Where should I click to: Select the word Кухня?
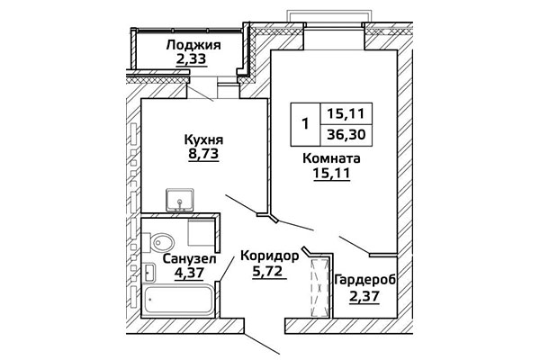point(203,139)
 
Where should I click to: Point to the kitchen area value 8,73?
point(203,155)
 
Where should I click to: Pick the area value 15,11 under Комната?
point(331,175)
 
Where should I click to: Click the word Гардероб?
point(364,280)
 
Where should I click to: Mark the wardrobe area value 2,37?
point(364,296)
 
